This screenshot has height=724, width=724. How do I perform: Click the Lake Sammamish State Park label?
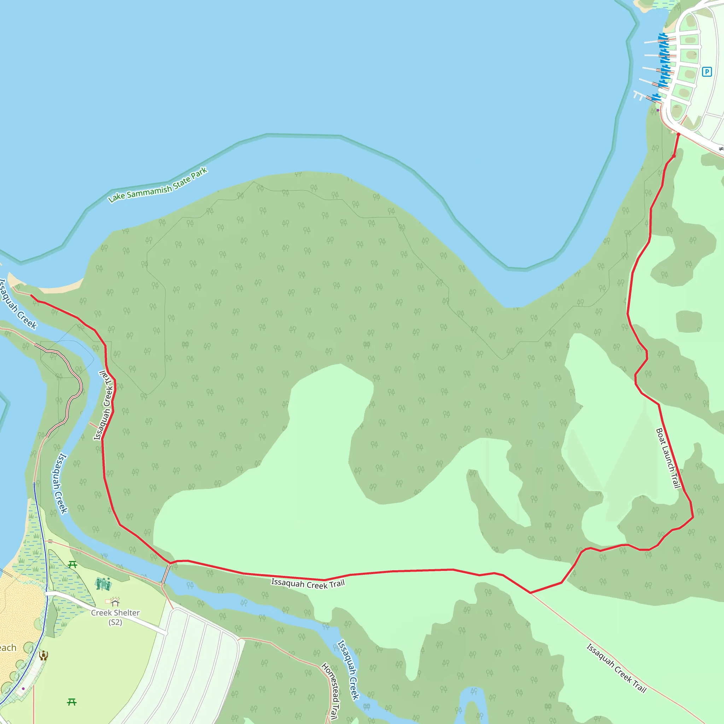pos(158,186)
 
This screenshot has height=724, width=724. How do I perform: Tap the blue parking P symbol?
pos(707,71)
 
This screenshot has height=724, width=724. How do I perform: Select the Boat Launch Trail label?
pos(668,458)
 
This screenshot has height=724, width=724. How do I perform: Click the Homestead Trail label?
pos(330,691)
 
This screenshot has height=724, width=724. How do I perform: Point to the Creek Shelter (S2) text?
pos(115,617)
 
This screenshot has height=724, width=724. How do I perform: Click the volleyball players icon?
pos(103,583)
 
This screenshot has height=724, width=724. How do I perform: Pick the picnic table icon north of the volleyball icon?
pos(73,564)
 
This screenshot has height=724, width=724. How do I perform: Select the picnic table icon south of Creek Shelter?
pos(71,702)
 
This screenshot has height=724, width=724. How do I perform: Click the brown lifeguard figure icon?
pos(43,655)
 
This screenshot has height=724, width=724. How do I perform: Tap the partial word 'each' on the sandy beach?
pos(7,648)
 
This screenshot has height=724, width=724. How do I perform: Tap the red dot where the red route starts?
pos(678,134)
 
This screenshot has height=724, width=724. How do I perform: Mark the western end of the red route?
pos(31,296)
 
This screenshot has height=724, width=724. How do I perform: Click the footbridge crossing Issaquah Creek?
pos(166,574)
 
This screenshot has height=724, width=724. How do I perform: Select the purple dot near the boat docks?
pos(658,110)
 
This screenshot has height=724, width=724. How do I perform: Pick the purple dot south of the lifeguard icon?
pos(23,688)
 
